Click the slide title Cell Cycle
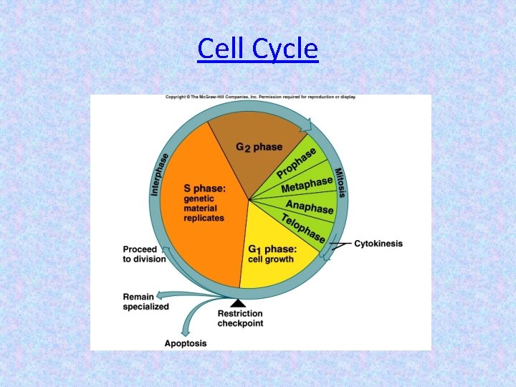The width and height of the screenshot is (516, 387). [x=257, y=49]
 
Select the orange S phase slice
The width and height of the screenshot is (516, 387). [x=201, y=215]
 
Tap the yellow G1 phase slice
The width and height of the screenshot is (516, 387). [x=276, y=258]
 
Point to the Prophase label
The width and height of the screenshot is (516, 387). [x=297, y=164]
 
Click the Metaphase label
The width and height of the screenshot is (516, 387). [x=307, y=184]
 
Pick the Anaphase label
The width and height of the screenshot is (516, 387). [x=310, y=206]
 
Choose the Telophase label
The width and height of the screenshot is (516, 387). [x=302, y=227]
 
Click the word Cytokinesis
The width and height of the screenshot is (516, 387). [x=378, y=244]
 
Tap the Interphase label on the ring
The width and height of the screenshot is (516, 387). [x=160, y=174]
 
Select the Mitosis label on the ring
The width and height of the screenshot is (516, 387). [x=340, y=182]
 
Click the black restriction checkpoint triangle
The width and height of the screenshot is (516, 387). [x=239, y=303]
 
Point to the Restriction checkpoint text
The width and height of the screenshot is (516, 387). [x=240, y=318]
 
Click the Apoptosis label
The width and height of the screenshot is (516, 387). [x=185, y=343]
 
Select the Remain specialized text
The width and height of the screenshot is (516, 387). [x=145, y=302]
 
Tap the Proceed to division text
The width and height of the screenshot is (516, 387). [x=143, y=254]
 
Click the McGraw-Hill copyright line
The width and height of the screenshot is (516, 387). [x=261, y=97]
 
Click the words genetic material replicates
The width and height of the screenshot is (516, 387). [x=204, y=209]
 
